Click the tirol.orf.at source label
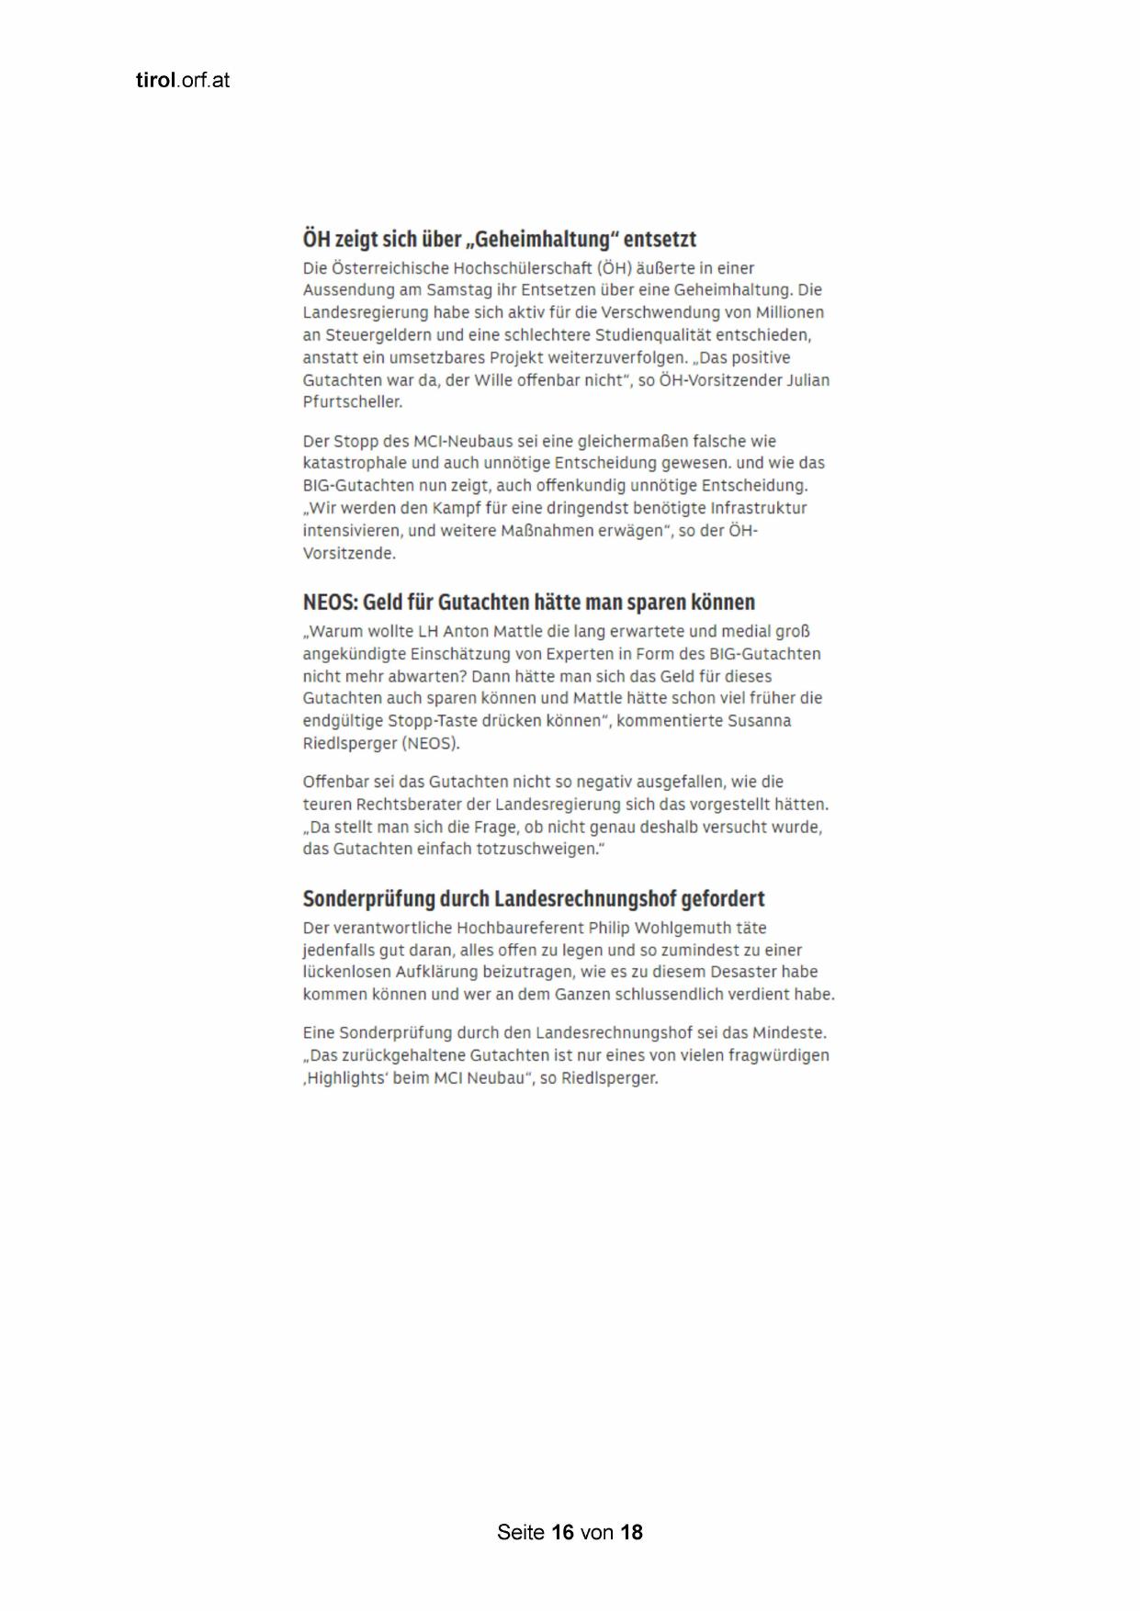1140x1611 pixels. click(x=182, y=80)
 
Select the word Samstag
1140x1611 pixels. click(x=455, y=290)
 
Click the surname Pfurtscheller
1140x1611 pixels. click(x=352, y=402)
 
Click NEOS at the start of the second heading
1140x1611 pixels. click(x=329, y=603)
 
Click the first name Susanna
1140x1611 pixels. click(x=759, y=721)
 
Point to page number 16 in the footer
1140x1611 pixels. click(x=563, y=1532)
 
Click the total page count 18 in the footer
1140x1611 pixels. click(x=632, y=1532)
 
